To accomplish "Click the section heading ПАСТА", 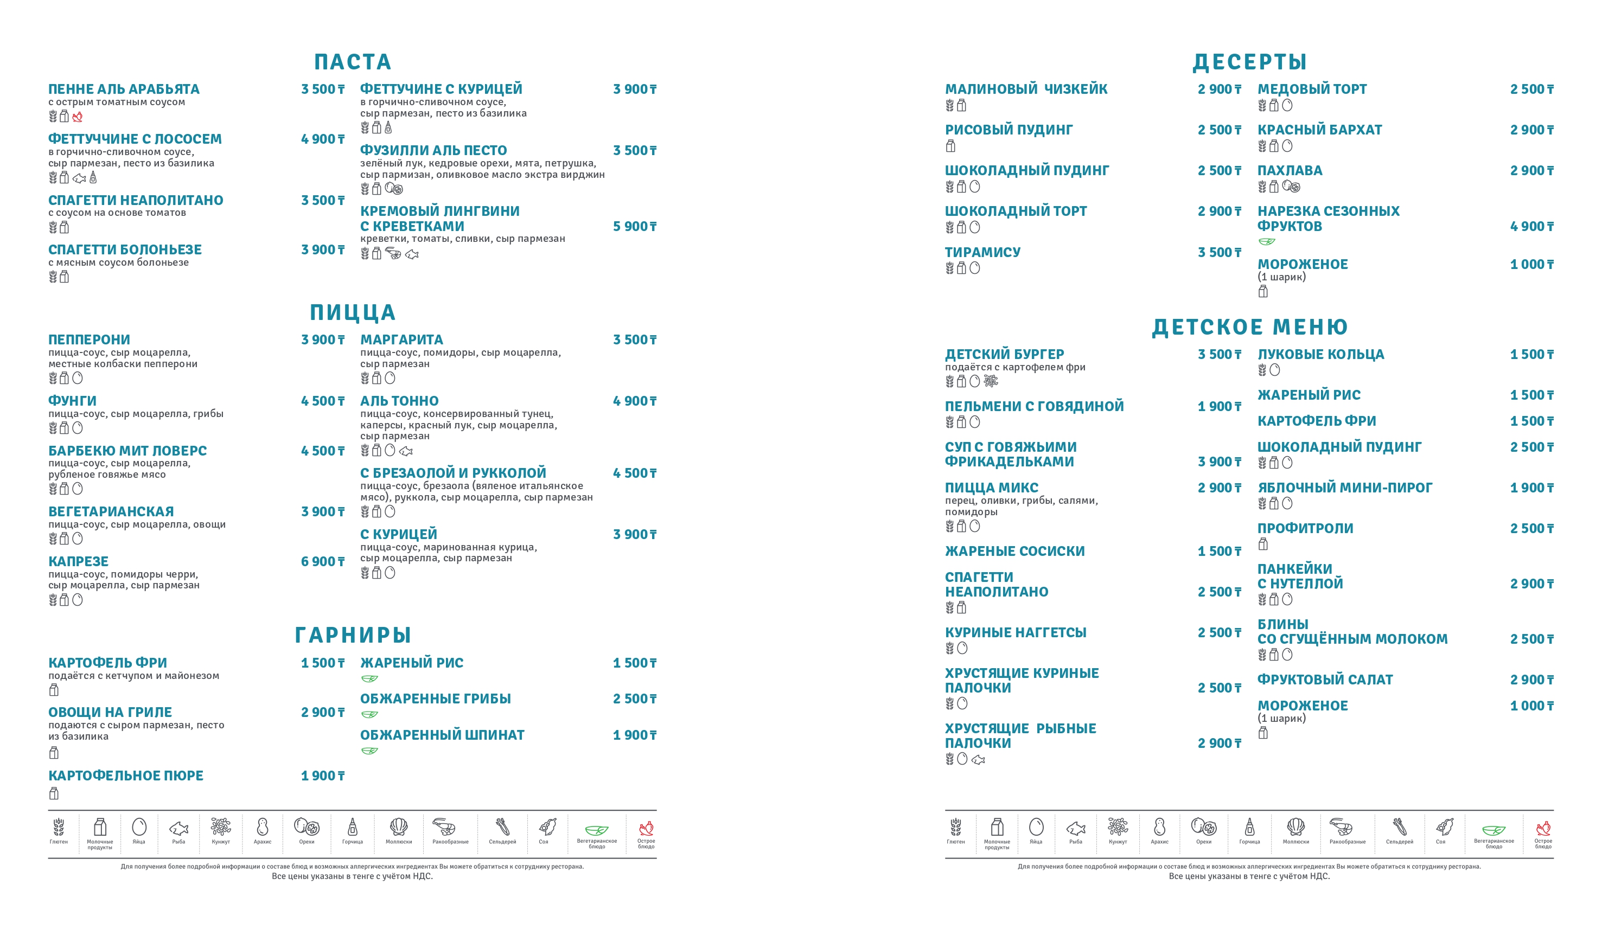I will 352,62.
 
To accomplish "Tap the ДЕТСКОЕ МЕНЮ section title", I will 1249,326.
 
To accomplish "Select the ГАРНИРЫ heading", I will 353,635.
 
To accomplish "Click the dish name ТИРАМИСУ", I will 982,252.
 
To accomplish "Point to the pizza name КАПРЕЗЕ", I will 78,562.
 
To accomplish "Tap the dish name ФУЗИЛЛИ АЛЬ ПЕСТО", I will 433,151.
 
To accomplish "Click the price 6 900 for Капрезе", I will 322,562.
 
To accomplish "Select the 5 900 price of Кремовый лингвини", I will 634,226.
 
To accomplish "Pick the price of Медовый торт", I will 1531,89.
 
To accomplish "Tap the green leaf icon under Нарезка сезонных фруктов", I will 1266,241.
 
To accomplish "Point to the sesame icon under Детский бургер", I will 991,381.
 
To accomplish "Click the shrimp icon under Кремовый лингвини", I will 393,254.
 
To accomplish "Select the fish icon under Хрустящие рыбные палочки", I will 978,759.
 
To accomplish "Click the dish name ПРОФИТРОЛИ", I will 1305,529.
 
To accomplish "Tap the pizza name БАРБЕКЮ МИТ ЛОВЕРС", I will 127,451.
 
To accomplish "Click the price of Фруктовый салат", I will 1531,680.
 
